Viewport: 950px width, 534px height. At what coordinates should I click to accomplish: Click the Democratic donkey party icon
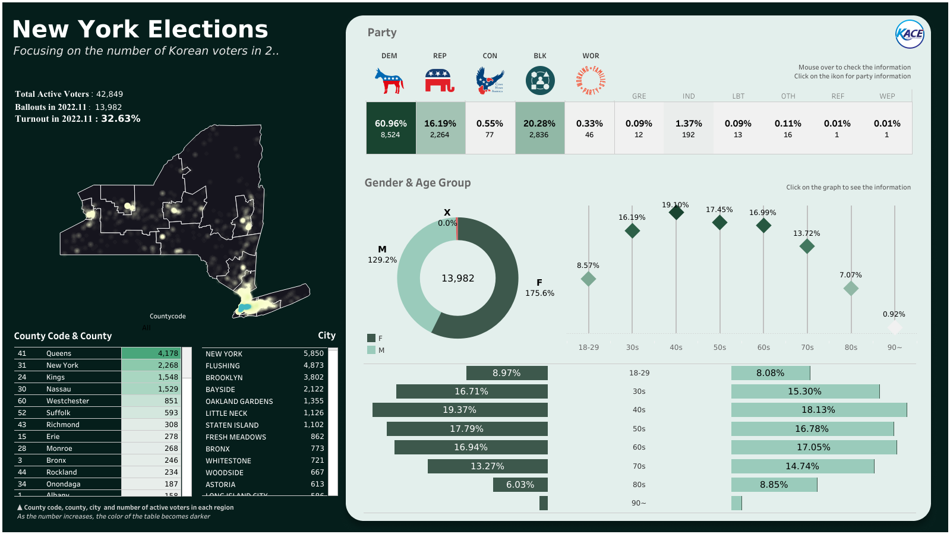(389, 81)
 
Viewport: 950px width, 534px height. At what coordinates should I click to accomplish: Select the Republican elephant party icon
(440, 81)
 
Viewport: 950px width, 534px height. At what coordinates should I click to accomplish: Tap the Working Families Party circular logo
(591, 81)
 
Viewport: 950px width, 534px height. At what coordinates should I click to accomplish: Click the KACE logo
(910, 34)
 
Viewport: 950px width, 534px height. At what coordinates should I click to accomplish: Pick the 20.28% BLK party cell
(539, 128)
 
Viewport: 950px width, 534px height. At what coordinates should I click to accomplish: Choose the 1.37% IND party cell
(689, 128)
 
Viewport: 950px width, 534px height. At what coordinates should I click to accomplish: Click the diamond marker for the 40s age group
(676, 212)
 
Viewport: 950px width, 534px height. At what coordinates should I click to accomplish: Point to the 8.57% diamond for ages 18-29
(588, 279)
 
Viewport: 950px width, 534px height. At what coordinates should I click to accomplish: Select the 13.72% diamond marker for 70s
(807, 246)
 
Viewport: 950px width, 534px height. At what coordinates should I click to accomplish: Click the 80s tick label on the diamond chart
(851, 347)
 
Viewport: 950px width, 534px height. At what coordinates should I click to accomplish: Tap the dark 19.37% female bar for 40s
(460, 410)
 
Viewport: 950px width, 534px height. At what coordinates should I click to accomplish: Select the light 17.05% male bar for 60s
(813, 447)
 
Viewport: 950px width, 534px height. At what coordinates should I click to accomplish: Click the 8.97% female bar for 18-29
(507, 373)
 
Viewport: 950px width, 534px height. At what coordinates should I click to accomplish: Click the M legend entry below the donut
(376, 350)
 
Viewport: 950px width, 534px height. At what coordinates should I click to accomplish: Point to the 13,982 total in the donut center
(457, 278)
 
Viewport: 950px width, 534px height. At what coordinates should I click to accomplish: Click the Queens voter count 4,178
(168, 353)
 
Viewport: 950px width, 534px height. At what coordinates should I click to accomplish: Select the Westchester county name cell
(68, 401)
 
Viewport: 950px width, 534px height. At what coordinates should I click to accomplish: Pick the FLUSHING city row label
(223, 366)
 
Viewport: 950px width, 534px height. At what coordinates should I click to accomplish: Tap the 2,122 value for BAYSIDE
(314, 389)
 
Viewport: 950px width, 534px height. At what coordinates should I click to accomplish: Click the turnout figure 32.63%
(121, 119)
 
